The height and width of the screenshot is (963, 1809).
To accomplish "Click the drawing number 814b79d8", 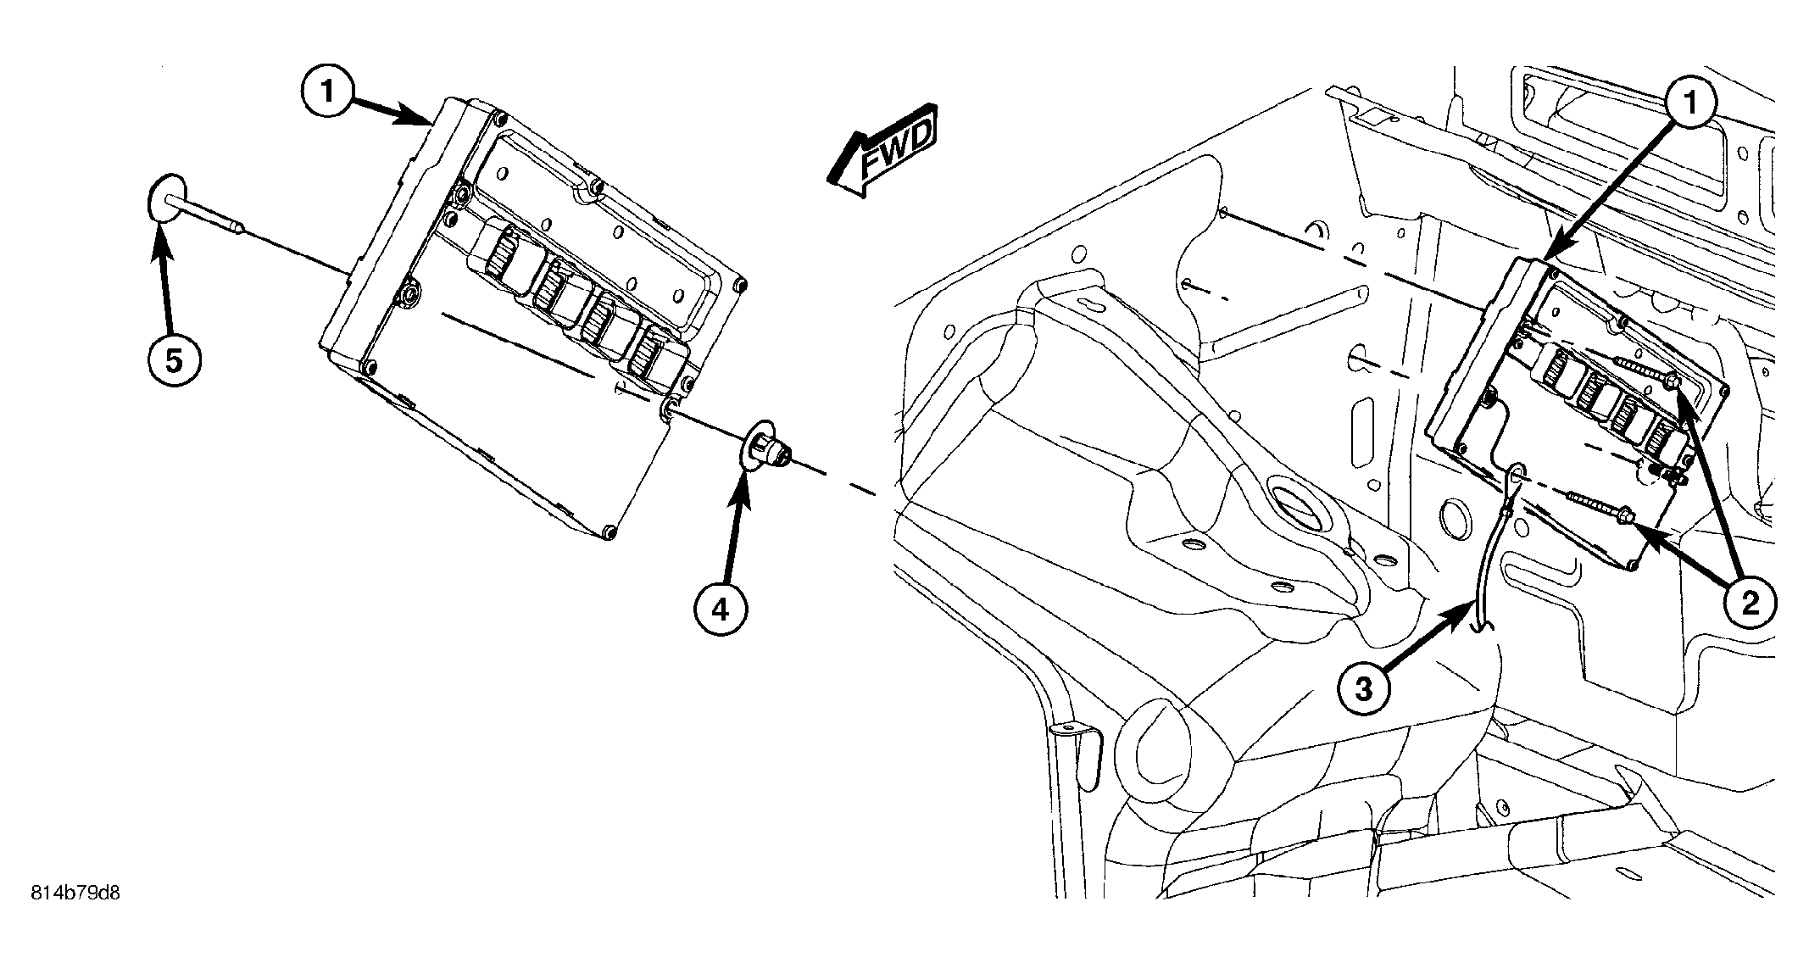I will (x=75, y=893).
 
